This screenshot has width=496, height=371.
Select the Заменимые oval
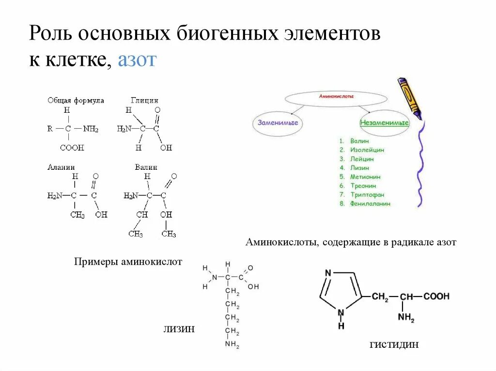(278, 123)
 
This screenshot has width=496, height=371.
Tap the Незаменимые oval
(384, 123)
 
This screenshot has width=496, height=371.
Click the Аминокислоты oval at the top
(336, 97)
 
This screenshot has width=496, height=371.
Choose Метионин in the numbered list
(366, 177)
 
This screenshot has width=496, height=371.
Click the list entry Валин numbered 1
(359, 141)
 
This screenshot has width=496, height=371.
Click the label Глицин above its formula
(144, 100)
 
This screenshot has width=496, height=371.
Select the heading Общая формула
(76, 100)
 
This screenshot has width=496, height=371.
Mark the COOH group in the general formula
(72, 148)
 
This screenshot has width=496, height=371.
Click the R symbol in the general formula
(50, 129)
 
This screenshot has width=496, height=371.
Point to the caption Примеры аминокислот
(128, 262)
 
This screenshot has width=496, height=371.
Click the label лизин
(179, 329)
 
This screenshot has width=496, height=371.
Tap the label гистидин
(394, 344)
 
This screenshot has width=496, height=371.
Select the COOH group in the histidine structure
(436, 297)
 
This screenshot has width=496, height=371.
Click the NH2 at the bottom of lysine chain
(232, 345)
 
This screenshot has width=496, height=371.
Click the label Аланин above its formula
(61, 167)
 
